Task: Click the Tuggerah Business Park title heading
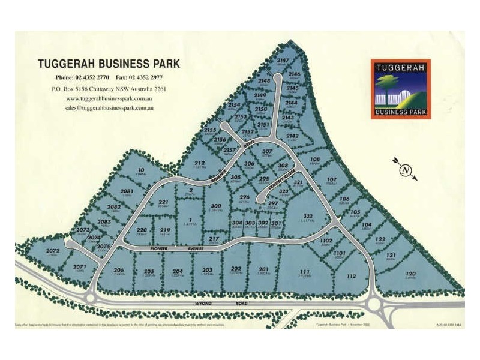[x=109, y=64]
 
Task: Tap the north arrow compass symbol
[x=406, y=170]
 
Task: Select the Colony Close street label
[x=281, y=181]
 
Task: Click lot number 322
[x=308, y=216]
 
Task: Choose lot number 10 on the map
[x=142, y=170]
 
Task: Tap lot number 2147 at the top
[x=283, y=61]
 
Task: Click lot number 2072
[x=52, y=251]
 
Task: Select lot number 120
[x=410, y=274]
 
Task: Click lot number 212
[x=200, y=163]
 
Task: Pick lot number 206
[x=119, y=270]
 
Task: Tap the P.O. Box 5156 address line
[x=109, y=89]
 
